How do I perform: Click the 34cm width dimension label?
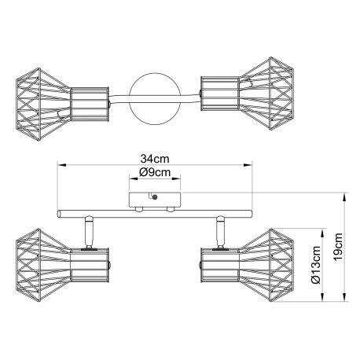pyautogui.click(x=155, y=159)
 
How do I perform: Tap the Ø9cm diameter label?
pyautogui.click(x=155, y=172)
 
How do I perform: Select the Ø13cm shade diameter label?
pyautogui.click(x=316, y=265)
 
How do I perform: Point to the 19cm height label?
pyautogui.click(x=337, y=247)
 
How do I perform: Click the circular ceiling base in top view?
pyautogui.click(x=155, y=99)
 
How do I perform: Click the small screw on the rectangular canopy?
pyautogui.click(x=155, y=197)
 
